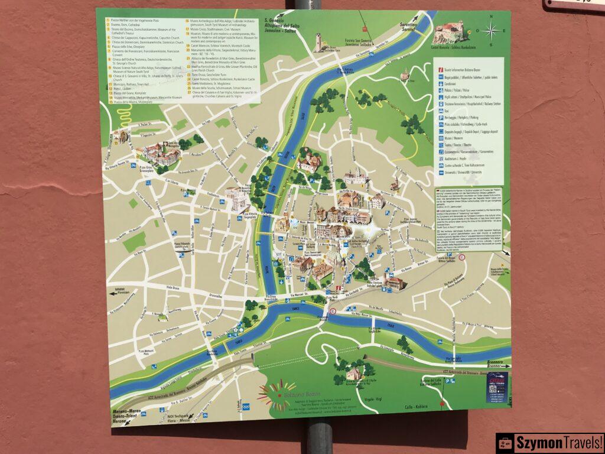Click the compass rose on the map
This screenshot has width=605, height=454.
pos(490,29)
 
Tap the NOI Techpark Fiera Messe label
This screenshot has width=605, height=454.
pos(178,418)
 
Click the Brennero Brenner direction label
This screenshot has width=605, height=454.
pos(495,364)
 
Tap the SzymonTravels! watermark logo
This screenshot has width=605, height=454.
pos(549,442)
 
